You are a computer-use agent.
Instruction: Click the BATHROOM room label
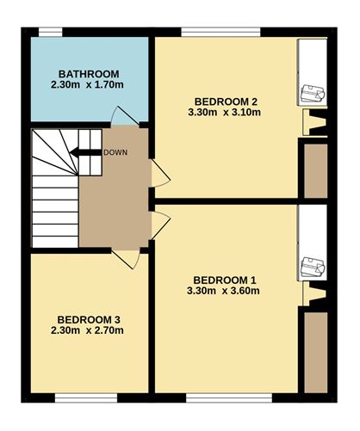(89, 73)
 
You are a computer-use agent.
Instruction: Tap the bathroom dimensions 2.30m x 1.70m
(89, 86)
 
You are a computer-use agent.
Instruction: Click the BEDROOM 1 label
(225, 280)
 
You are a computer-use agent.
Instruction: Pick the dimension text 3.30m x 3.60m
(225, 292)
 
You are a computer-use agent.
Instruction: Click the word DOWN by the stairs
(115, 153)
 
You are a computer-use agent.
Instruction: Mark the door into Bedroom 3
(125, 257)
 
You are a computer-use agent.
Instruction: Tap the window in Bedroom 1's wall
(220, 397)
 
